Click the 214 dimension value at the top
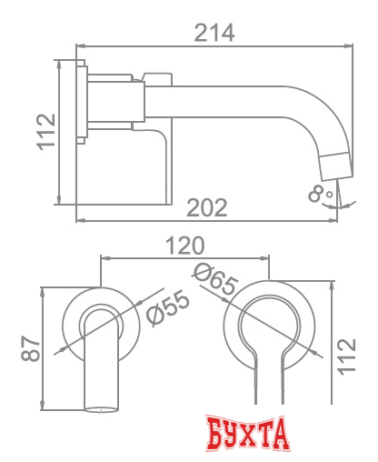tap(215, 33)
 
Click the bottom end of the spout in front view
tap(102, 409)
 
